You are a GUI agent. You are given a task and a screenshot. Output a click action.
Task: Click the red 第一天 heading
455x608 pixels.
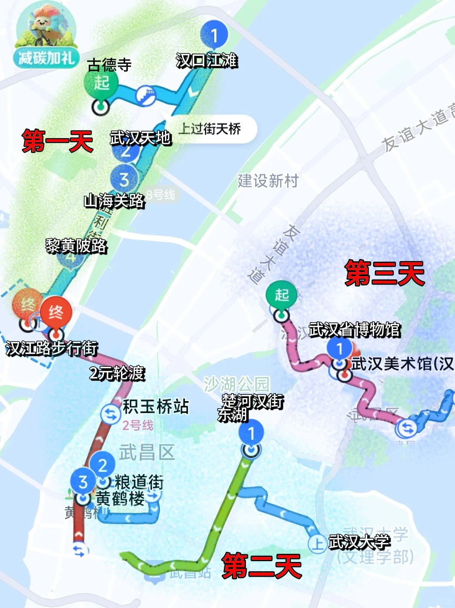57,141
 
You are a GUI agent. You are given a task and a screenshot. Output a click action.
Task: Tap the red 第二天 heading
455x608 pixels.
261,565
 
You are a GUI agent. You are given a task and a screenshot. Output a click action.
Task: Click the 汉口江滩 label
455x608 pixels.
207,60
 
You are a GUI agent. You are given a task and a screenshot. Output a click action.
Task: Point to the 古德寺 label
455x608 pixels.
109,65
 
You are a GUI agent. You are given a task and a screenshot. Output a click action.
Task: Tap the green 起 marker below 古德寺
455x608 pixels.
101,83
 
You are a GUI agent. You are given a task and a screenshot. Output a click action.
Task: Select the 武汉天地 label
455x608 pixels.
140,138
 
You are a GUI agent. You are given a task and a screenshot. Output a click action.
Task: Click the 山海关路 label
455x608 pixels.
114,201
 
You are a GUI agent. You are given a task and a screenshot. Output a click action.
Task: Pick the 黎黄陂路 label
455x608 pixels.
76,245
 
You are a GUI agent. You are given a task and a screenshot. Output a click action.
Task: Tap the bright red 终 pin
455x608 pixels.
56,313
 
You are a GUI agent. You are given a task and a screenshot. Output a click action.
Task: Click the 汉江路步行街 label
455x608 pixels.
52,348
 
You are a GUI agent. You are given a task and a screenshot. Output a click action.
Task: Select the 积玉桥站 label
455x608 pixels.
156,406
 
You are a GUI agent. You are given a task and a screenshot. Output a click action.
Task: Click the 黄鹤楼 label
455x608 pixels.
120,498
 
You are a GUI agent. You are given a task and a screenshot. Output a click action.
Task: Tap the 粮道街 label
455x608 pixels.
139,481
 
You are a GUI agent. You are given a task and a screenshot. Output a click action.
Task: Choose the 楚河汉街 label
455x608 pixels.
253,401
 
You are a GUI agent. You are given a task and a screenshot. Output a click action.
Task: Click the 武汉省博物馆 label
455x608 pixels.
354,329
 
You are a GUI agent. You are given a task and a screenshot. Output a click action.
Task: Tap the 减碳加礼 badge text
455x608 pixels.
46,57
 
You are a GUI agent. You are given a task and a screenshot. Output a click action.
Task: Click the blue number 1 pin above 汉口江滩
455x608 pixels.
214,35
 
